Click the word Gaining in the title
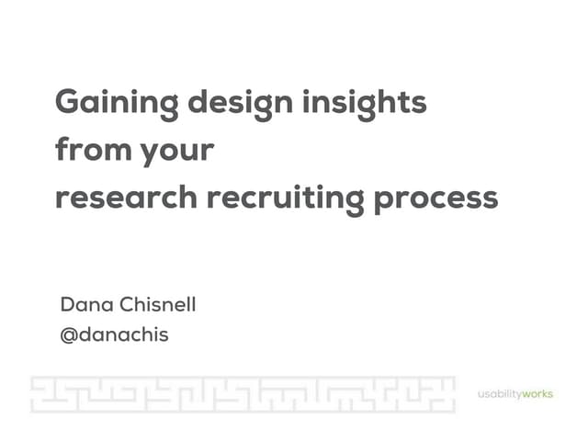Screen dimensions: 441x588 click(117, 102)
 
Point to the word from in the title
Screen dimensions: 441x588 click(91, 149)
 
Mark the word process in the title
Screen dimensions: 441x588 click(435, 198)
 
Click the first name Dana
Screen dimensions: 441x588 click(84, 305)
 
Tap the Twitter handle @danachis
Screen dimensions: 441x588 click(114, 334)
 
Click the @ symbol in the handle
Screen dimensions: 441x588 click(68, 335)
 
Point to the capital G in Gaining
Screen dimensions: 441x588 click(69, 102)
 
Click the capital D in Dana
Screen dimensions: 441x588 click(66, 305)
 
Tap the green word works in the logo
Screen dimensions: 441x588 click(537, 395)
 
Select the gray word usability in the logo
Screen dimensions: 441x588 click(499, 395)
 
